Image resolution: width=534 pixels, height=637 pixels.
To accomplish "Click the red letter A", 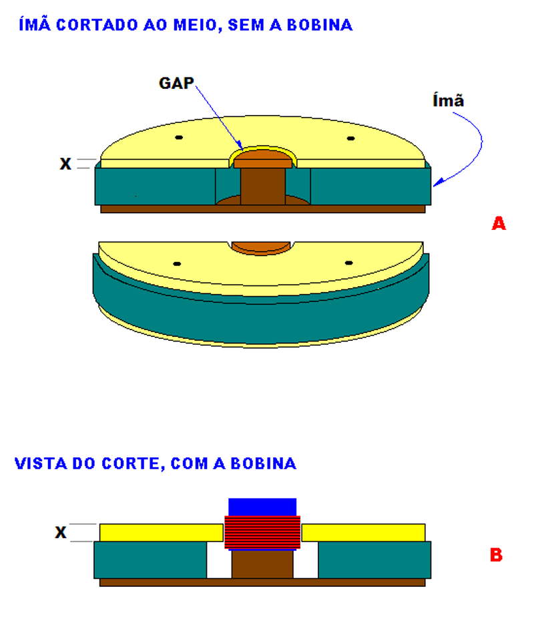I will click(x=498, y=224).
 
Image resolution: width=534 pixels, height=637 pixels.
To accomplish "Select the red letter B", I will click(x=496, y=555).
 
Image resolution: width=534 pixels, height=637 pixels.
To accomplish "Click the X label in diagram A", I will click(x=65, y=164).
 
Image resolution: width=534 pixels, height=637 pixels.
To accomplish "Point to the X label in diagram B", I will click(x=61, y=533).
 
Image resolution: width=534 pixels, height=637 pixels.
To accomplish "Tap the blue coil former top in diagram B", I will click(x=262, y=507).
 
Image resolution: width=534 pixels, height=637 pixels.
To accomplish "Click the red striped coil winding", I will click(x=262, y=533).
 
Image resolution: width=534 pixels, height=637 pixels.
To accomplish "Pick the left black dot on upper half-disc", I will click(x=179, y=138).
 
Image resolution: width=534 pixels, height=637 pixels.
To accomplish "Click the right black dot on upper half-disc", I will click(x=349, y=138).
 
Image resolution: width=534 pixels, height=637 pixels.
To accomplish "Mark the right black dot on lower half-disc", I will click(x=348, y=263).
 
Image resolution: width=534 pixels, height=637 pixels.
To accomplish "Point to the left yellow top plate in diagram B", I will click(x=160, y=532).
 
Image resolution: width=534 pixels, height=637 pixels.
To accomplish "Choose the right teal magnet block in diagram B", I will click(x=374, y=560).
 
